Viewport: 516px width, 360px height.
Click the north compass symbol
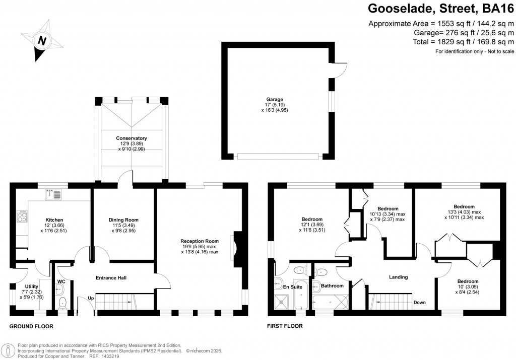(x=42, y=40)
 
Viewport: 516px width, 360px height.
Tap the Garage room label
(x=275, y=99)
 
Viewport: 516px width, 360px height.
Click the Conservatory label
(x=131, y=138)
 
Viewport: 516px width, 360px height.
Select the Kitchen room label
(x=54, y=220)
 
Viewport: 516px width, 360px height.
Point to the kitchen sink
(x=53, y=193)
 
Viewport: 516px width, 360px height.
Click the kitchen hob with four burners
(x=23, y=217)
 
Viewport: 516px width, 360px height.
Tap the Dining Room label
(x=123, y=220)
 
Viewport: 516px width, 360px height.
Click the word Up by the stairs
(x=91, y=298)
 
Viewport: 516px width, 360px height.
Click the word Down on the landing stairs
(x=419, y=303)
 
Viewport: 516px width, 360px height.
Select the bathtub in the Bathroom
(x=331, y=302)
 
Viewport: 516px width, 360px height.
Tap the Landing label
(x=398, y=277)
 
